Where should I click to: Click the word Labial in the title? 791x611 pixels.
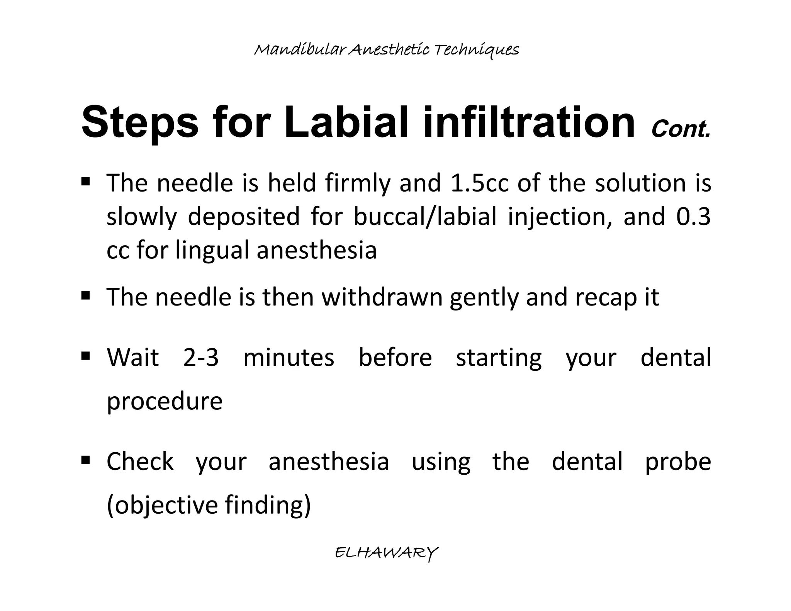coord(346,122)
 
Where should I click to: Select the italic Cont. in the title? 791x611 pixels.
coord(681,129)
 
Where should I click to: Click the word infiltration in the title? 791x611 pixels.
coord(529,122)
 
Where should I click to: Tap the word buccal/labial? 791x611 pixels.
coord(425,217)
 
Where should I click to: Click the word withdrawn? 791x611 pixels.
coord(382,297)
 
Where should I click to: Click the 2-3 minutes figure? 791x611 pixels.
coord(201,358)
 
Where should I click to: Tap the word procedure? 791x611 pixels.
coord(165,402)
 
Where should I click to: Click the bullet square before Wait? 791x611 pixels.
coord(86,355)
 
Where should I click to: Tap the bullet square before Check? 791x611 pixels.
coord(86,460)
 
